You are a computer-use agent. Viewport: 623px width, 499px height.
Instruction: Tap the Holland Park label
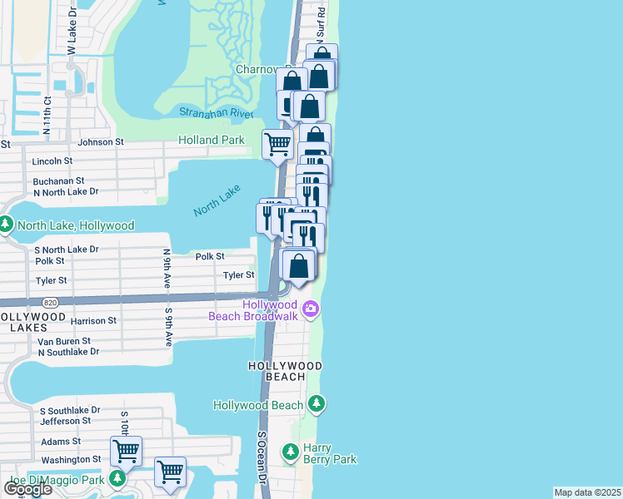click(212, 141)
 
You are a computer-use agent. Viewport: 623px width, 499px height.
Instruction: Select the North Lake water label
click(217, 200)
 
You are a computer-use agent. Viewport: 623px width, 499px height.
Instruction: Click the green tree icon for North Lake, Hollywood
click(6, 225)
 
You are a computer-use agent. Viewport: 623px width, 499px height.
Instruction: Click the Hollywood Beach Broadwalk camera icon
click(311, 310)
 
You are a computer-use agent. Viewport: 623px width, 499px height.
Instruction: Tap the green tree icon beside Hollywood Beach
click(316, 405)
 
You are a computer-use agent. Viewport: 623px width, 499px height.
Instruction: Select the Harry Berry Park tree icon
click(290, 452)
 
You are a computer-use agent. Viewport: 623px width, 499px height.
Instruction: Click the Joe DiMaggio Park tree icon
click(117, 479)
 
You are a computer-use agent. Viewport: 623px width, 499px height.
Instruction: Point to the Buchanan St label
click(59, 180)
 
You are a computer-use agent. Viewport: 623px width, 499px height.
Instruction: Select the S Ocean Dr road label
click(261, 457)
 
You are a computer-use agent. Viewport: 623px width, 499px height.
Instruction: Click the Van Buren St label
click(58, 342)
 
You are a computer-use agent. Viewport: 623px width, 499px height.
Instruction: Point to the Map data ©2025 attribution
click(587, 492)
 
